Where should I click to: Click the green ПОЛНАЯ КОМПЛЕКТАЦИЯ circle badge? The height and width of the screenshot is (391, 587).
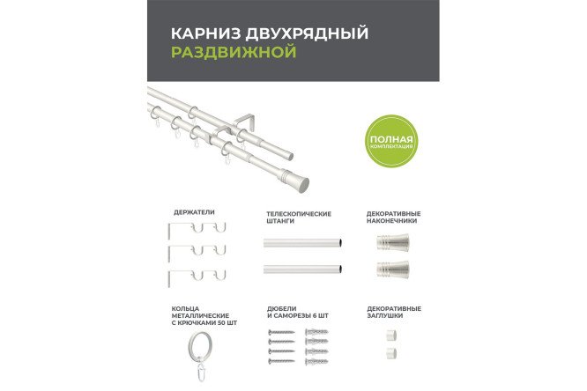click(389, 140)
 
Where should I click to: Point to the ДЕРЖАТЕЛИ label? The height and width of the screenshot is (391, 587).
click(193, 212)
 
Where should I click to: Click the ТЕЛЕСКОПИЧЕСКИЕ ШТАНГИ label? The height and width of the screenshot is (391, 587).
click(299, 217)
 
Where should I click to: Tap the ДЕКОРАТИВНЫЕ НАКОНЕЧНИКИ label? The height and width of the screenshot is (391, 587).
click(393, 217)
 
